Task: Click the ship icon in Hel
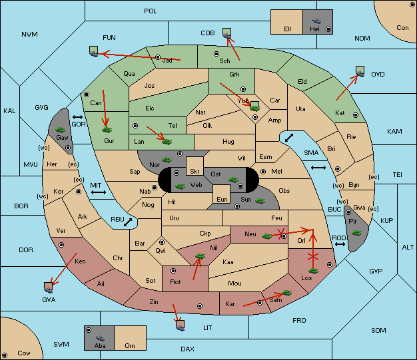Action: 316,21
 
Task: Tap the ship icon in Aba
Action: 101,337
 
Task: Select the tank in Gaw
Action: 61,130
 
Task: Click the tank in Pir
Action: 356,233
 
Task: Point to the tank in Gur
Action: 107,130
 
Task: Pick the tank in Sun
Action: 260,201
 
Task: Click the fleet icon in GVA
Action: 48,287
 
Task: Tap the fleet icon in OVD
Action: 360,71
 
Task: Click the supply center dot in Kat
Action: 356,115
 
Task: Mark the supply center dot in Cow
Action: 5,355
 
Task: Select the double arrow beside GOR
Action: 78,117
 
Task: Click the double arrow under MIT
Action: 99,192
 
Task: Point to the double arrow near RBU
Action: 128,222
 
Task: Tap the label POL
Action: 151,11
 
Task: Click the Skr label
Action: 195,172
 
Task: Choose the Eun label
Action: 222,199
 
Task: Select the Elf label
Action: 288,29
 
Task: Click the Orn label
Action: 130,345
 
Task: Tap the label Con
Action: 402,28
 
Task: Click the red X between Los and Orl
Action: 313,257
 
